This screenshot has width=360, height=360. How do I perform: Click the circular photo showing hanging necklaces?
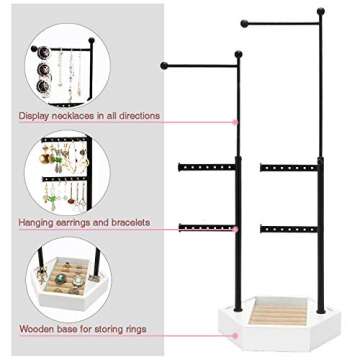[61, 67]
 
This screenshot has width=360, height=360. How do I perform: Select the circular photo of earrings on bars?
[61, 176]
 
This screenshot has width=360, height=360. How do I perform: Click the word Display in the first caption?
[33, 116]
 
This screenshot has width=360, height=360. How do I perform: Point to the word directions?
[139, 116]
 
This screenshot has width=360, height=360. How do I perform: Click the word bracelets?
[129, 222]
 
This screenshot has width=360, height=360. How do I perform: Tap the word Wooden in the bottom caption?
[35, 328]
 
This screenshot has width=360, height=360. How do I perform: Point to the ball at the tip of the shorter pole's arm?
[164, 66]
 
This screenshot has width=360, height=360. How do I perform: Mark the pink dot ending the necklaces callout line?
[237, 122]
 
